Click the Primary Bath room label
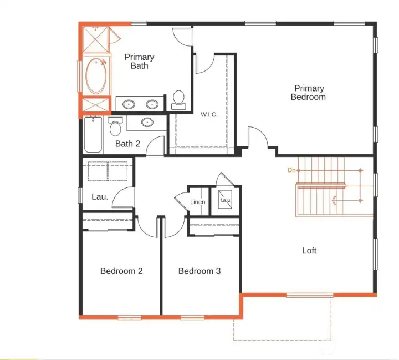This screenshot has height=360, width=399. click(139, 62)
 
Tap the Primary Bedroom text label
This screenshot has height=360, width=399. click(309, 93)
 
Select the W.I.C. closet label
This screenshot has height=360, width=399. click(209, 115)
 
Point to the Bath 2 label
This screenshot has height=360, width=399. click(127, 144)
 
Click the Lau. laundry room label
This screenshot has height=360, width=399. click(99, 196)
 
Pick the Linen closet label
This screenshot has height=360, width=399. click(198, 202)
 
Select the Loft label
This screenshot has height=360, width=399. click(309, 251)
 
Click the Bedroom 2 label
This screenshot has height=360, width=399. click(121, 271)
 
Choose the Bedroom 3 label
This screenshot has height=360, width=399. click(199, 271)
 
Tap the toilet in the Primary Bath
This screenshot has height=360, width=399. click(178, 99)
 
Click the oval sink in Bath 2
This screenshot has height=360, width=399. click(147, 123)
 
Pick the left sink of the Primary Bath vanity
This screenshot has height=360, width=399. click(130, 104)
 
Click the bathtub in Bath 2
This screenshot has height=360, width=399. click(93, 136)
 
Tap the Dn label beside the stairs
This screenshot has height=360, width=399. click(291, 170)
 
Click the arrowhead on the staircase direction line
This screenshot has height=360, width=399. click(334, 200)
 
